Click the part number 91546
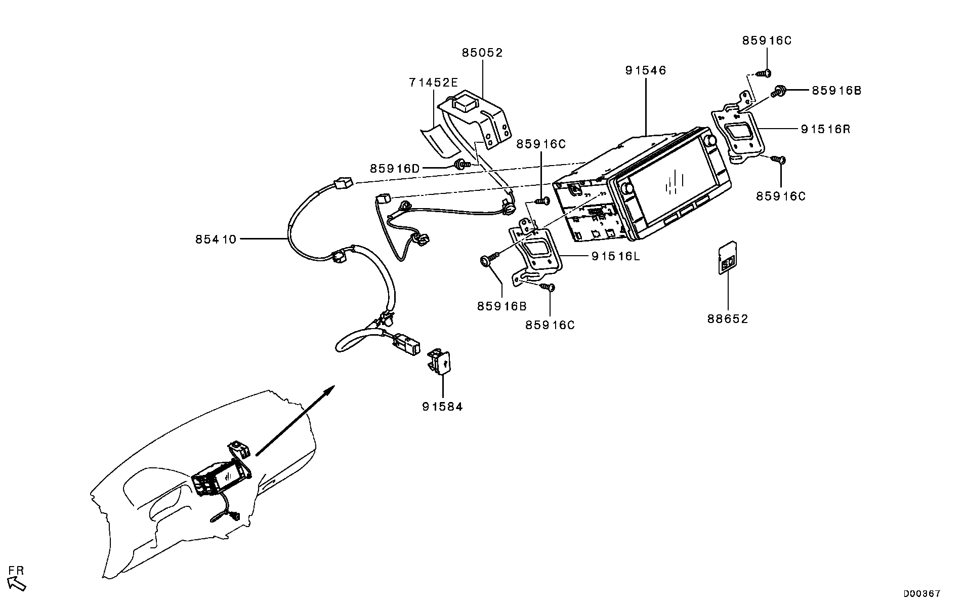click(x=645, y=70)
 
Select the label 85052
click(x=482, y=53)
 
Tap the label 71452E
click(x=433, y=82)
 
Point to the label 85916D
click(x=395, y=169)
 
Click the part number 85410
click(x=216, y=239)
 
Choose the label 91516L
click(x=615, y=256)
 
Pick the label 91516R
click(x=825, y=129)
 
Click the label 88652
click(x=727, y=319)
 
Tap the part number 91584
click(x=442, y=407)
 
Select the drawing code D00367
click(x=922, y=593)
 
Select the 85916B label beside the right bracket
click(x=836, y=91)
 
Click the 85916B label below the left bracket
click(x=501, y=306)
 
